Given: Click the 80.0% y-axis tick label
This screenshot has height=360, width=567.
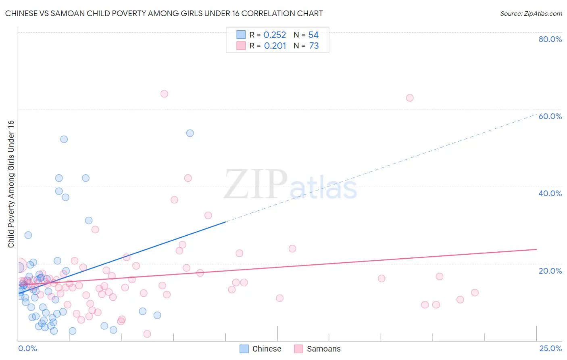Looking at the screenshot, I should coord(550,39).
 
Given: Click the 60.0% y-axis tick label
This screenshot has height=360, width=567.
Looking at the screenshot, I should coord(550,116).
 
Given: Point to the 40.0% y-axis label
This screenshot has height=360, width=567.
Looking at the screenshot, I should coord(550,193).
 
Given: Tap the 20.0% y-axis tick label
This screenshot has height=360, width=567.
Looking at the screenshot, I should coord(550,270).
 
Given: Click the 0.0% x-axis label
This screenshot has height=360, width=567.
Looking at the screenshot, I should coord(27,348).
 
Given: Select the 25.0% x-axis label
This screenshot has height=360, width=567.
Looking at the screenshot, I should coord(550,348).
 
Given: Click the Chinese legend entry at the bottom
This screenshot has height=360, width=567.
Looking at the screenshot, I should coord(261,349).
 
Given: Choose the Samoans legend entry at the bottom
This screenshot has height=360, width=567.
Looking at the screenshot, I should coord(318,349).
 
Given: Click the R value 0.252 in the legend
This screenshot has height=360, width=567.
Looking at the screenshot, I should coord(275,35).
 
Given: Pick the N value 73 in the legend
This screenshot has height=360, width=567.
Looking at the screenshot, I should coord(314,46).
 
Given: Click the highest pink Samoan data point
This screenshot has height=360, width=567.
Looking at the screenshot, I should coord(164,94).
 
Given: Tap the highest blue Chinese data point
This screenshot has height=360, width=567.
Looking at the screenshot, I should coord(190,133).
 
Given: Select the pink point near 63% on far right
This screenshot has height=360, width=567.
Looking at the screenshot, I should coord(410,98).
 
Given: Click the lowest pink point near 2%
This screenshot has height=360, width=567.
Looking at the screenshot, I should coord(147,334).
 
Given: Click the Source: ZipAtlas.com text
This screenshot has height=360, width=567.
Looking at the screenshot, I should coord(531,14).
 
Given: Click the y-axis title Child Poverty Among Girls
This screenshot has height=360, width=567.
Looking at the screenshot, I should coord(11,184).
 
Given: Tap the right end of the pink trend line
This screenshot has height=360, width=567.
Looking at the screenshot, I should coord(536,249).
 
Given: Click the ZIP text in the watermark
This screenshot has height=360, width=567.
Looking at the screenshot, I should coord(256,184).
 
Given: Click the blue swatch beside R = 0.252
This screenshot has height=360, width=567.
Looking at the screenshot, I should coord(241,35).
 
